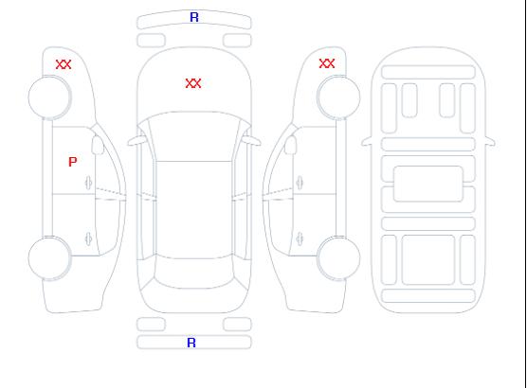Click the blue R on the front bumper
(194, 17)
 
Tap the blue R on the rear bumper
(191, 343)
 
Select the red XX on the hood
(193, 83)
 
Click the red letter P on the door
(73, 162)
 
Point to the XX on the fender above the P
(64, 64)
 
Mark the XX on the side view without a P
(327, 63)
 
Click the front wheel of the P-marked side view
(49, 97)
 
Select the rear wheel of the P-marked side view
(49, 258)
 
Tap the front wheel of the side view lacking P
(338, 97)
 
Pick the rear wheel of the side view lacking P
(338, 258)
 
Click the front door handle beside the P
(89, 183)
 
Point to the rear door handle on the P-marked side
(89, 238)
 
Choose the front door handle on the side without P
(300, 183)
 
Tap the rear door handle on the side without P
(300, 238)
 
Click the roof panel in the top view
(194, 210)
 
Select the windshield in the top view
(194, 136)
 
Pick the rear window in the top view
(194, 273)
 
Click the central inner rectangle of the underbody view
(428, 184)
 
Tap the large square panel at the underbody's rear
(428, 260)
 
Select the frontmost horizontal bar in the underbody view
(428, 72)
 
